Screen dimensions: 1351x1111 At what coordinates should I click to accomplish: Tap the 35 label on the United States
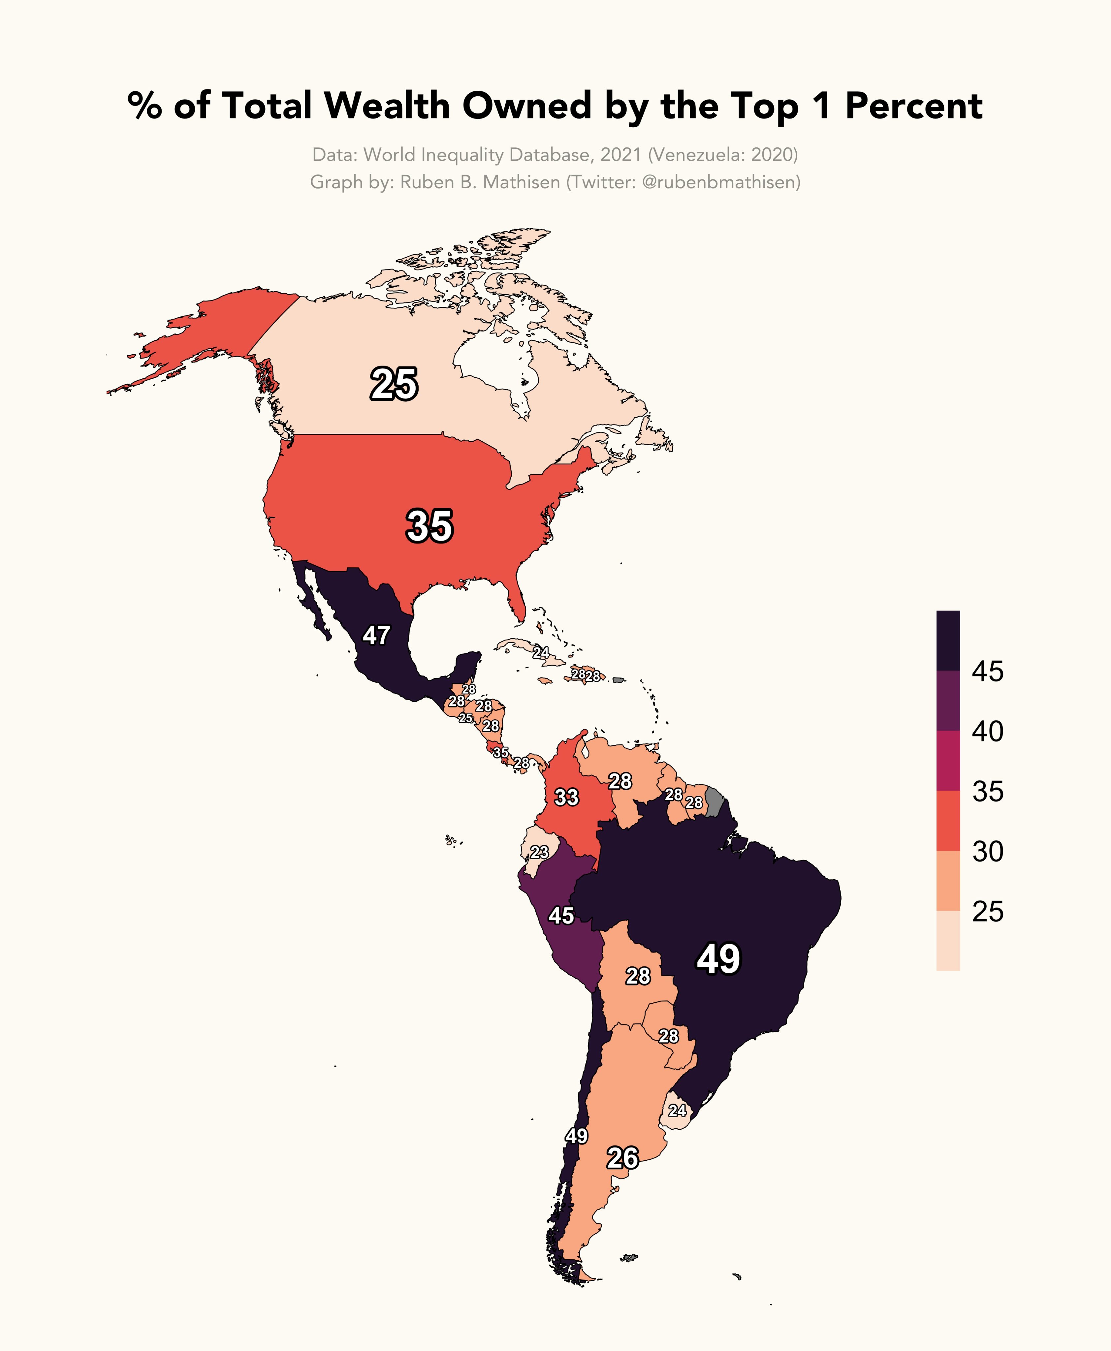(x=429, y=526)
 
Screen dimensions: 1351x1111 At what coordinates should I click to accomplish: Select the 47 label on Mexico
(x=376, y=636)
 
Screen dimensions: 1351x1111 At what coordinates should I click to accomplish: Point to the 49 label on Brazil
(x=718, y=959)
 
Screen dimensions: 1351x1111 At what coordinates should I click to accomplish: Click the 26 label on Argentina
(x=622, y=1158)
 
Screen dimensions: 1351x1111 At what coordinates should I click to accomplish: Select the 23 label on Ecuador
(x=539, y=852)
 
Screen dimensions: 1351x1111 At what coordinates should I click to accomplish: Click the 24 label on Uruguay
(x=677, y=1110)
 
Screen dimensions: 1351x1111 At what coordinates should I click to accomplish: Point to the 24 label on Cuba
(x=541, y=652)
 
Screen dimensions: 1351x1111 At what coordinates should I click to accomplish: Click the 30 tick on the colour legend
(x=987, y=851)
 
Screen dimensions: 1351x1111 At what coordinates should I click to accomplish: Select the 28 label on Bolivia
(x=637, y=976)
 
